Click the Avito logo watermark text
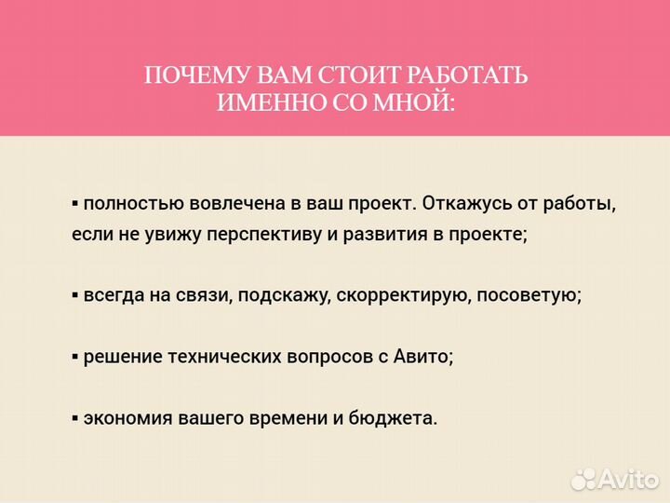click(x=628, y=478)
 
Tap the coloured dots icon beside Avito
click(x=583, y=478)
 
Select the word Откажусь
click(x=455, y=203)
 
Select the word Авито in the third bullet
click(x=424, y=356)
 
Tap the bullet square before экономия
click(x=75, y=418)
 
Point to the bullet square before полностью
click(x=75, y=204)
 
